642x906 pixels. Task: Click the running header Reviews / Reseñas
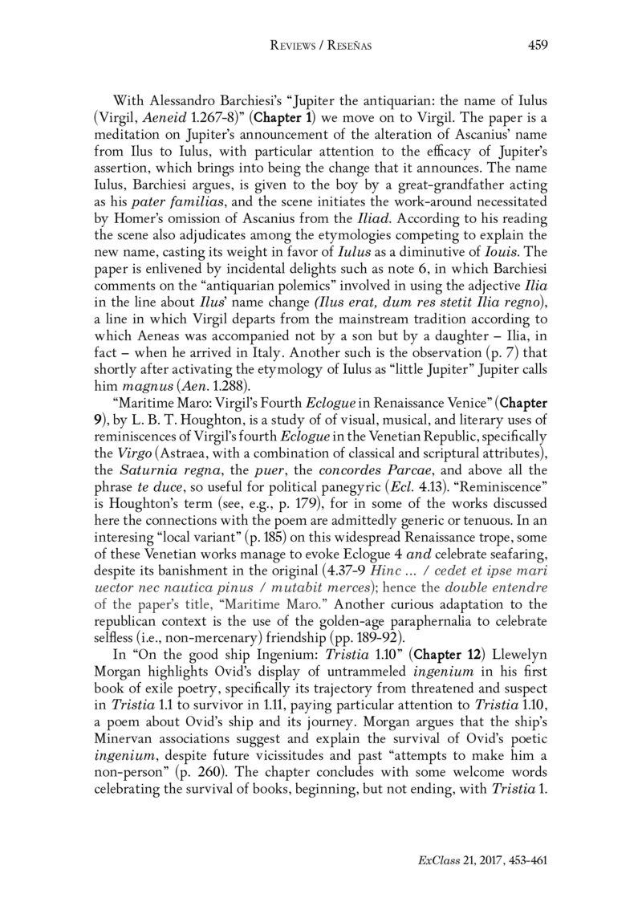click(321, 46)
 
